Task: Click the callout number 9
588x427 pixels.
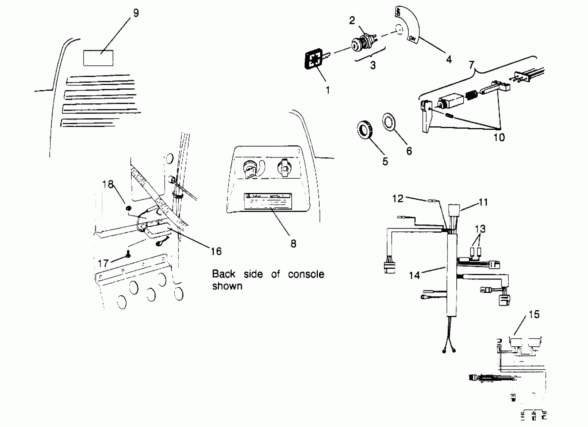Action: point(136,13)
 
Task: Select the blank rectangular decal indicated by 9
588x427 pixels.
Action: point(98,58)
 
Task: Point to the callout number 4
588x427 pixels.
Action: point(449,60)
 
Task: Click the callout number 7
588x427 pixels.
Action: point(472,65)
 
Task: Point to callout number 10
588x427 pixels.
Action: point(499,137)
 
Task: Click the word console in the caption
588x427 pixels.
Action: point(306,274)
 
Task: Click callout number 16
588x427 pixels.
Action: point(216,251)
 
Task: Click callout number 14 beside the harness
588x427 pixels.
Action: point(414,275)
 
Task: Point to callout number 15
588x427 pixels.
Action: point(534,314)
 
